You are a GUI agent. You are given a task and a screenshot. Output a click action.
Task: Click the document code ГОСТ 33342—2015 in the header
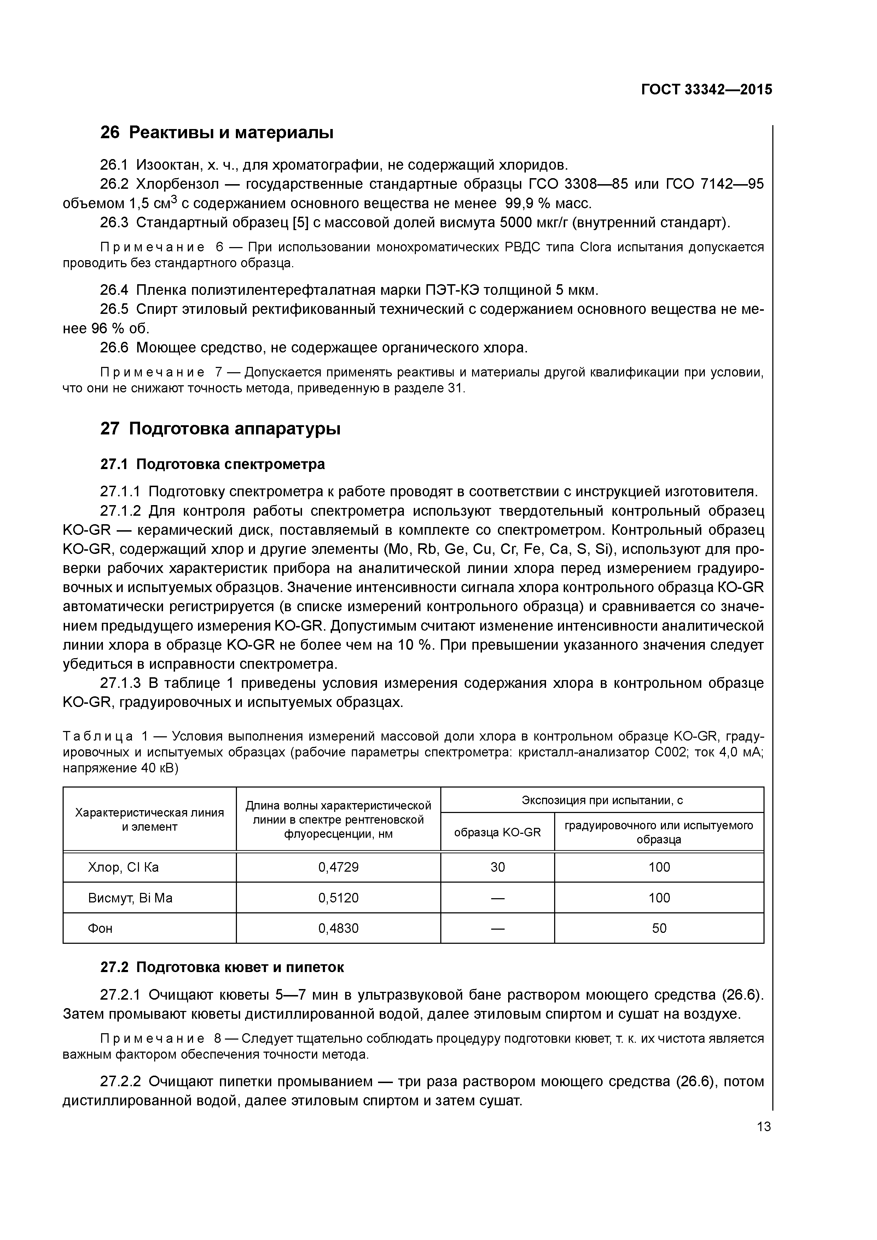click(x=706, y=90)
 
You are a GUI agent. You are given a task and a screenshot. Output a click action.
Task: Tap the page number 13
click(x=763, y=1127)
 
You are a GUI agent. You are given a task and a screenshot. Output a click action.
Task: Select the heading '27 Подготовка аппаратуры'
click(x=220, y=429)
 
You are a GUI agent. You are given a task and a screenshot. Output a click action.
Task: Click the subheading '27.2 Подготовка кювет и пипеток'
click(x=222, y=967)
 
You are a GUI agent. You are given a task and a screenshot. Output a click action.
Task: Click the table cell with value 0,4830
click(x=338, y=928)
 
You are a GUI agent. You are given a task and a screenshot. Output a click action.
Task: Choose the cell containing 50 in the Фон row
click(x=659, y=928)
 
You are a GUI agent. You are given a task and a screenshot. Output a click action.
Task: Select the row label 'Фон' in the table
click(x=100, y=928)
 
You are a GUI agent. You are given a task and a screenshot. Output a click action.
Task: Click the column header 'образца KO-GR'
click(x=497, y=832)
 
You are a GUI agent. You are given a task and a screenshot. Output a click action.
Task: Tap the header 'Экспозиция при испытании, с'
click(x=602, y=800)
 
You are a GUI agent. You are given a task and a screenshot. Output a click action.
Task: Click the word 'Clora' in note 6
click(x=596, y=247)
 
